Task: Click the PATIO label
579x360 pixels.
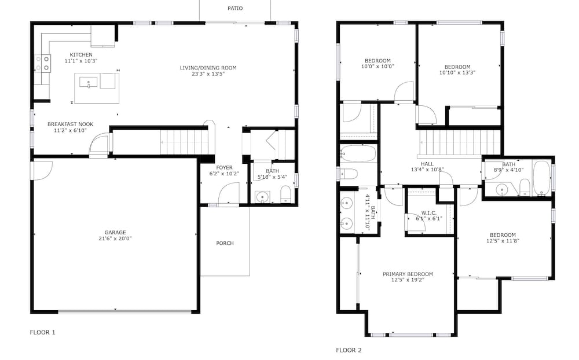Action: point(235,8)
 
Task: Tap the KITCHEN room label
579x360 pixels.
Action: point(81,54)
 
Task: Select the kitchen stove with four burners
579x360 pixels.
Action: point(42,63)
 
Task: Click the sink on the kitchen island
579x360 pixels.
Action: point(89,82)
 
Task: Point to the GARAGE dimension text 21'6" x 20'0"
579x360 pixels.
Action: point(115,238)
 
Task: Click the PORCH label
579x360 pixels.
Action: point(225,243)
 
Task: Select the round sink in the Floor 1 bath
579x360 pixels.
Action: point(262,197)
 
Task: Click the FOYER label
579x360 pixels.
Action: point(225,168)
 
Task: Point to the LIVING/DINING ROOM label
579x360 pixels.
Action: point(208,68)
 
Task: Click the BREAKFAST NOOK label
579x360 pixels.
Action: point(71,124)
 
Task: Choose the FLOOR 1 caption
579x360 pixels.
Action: point(42,332)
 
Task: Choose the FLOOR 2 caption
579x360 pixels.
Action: point(349,350)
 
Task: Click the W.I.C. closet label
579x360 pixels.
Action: point(428,213)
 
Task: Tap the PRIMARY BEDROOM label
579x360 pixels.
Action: point(408,274)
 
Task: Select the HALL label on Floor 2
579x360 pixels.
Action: point(427,164)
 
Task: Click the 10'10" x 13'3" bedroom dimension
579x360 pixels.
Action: point(457,73)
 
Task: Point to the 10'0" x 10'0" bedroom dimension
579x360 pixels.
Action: point(378,67)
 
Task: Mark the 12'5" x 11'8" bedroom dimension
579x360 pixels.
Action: point(503,241)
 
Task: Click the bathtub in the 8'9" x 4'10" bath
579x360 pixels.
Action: point(541,177)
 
